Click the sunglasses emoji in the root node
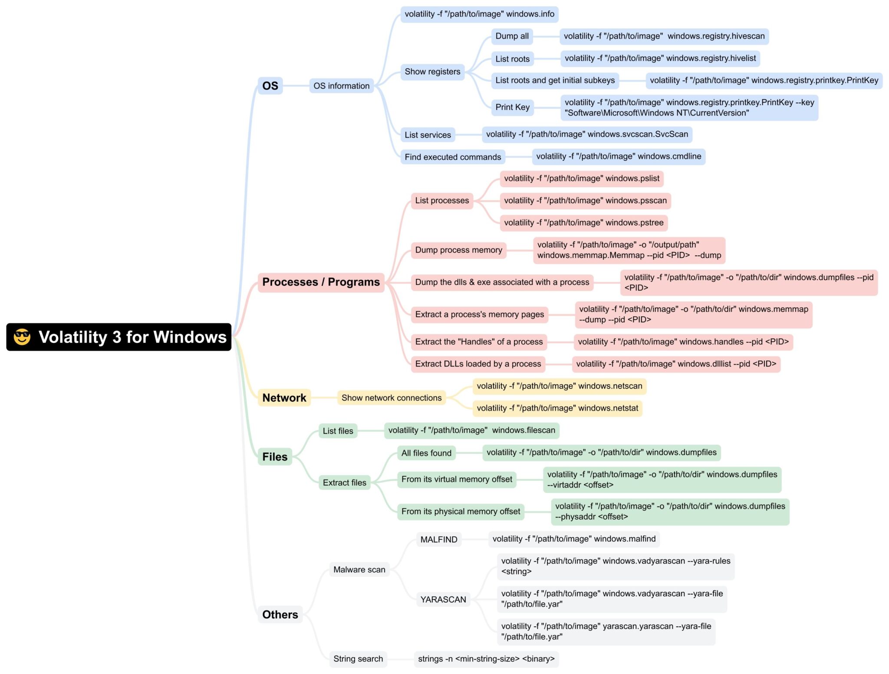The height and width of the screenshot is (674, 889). pos(22,337)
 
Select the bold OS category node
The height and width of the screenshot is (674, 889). pos(270,86)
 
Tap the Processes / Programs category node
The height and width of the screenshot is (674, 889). pos(321,282)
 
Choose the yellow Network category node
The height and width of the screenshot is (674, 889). pos(284,398)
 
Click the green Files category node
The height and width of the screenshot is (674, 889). pos(275,457)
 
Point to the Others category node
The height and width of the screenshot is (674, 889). pos(280,615)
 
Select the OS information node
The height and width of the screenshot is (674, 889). pos(341,86)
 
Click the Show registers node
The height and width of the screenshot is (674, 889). pos(432,72)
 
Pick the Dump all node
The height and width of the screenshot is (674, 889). pos(512,36)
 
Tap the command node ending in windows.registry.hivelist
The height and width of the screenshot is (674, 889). pos(660,58)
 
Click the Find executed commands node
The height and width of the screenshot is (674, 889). pos(452,157)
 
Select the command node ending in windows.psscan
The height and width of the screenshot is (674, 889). pos(585,201)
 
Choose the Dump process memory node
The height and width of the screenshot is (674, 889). pos(458,250)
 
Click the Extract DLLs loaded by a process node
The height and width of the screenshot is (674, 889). pos(478,364)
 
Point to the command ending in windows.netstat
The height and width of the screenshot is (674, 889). pos(557,408)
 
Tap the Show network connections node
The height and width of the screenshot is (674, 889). pos(391,398)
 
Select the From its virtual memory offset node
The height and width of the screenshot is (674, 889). pos(457,479)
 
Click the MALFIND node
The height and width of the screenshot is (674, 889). pos(438,539)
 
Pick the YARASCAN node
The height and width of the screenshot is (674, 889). pos(443,599)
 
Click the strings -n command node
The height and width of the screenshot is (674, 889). pos(486,659)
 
